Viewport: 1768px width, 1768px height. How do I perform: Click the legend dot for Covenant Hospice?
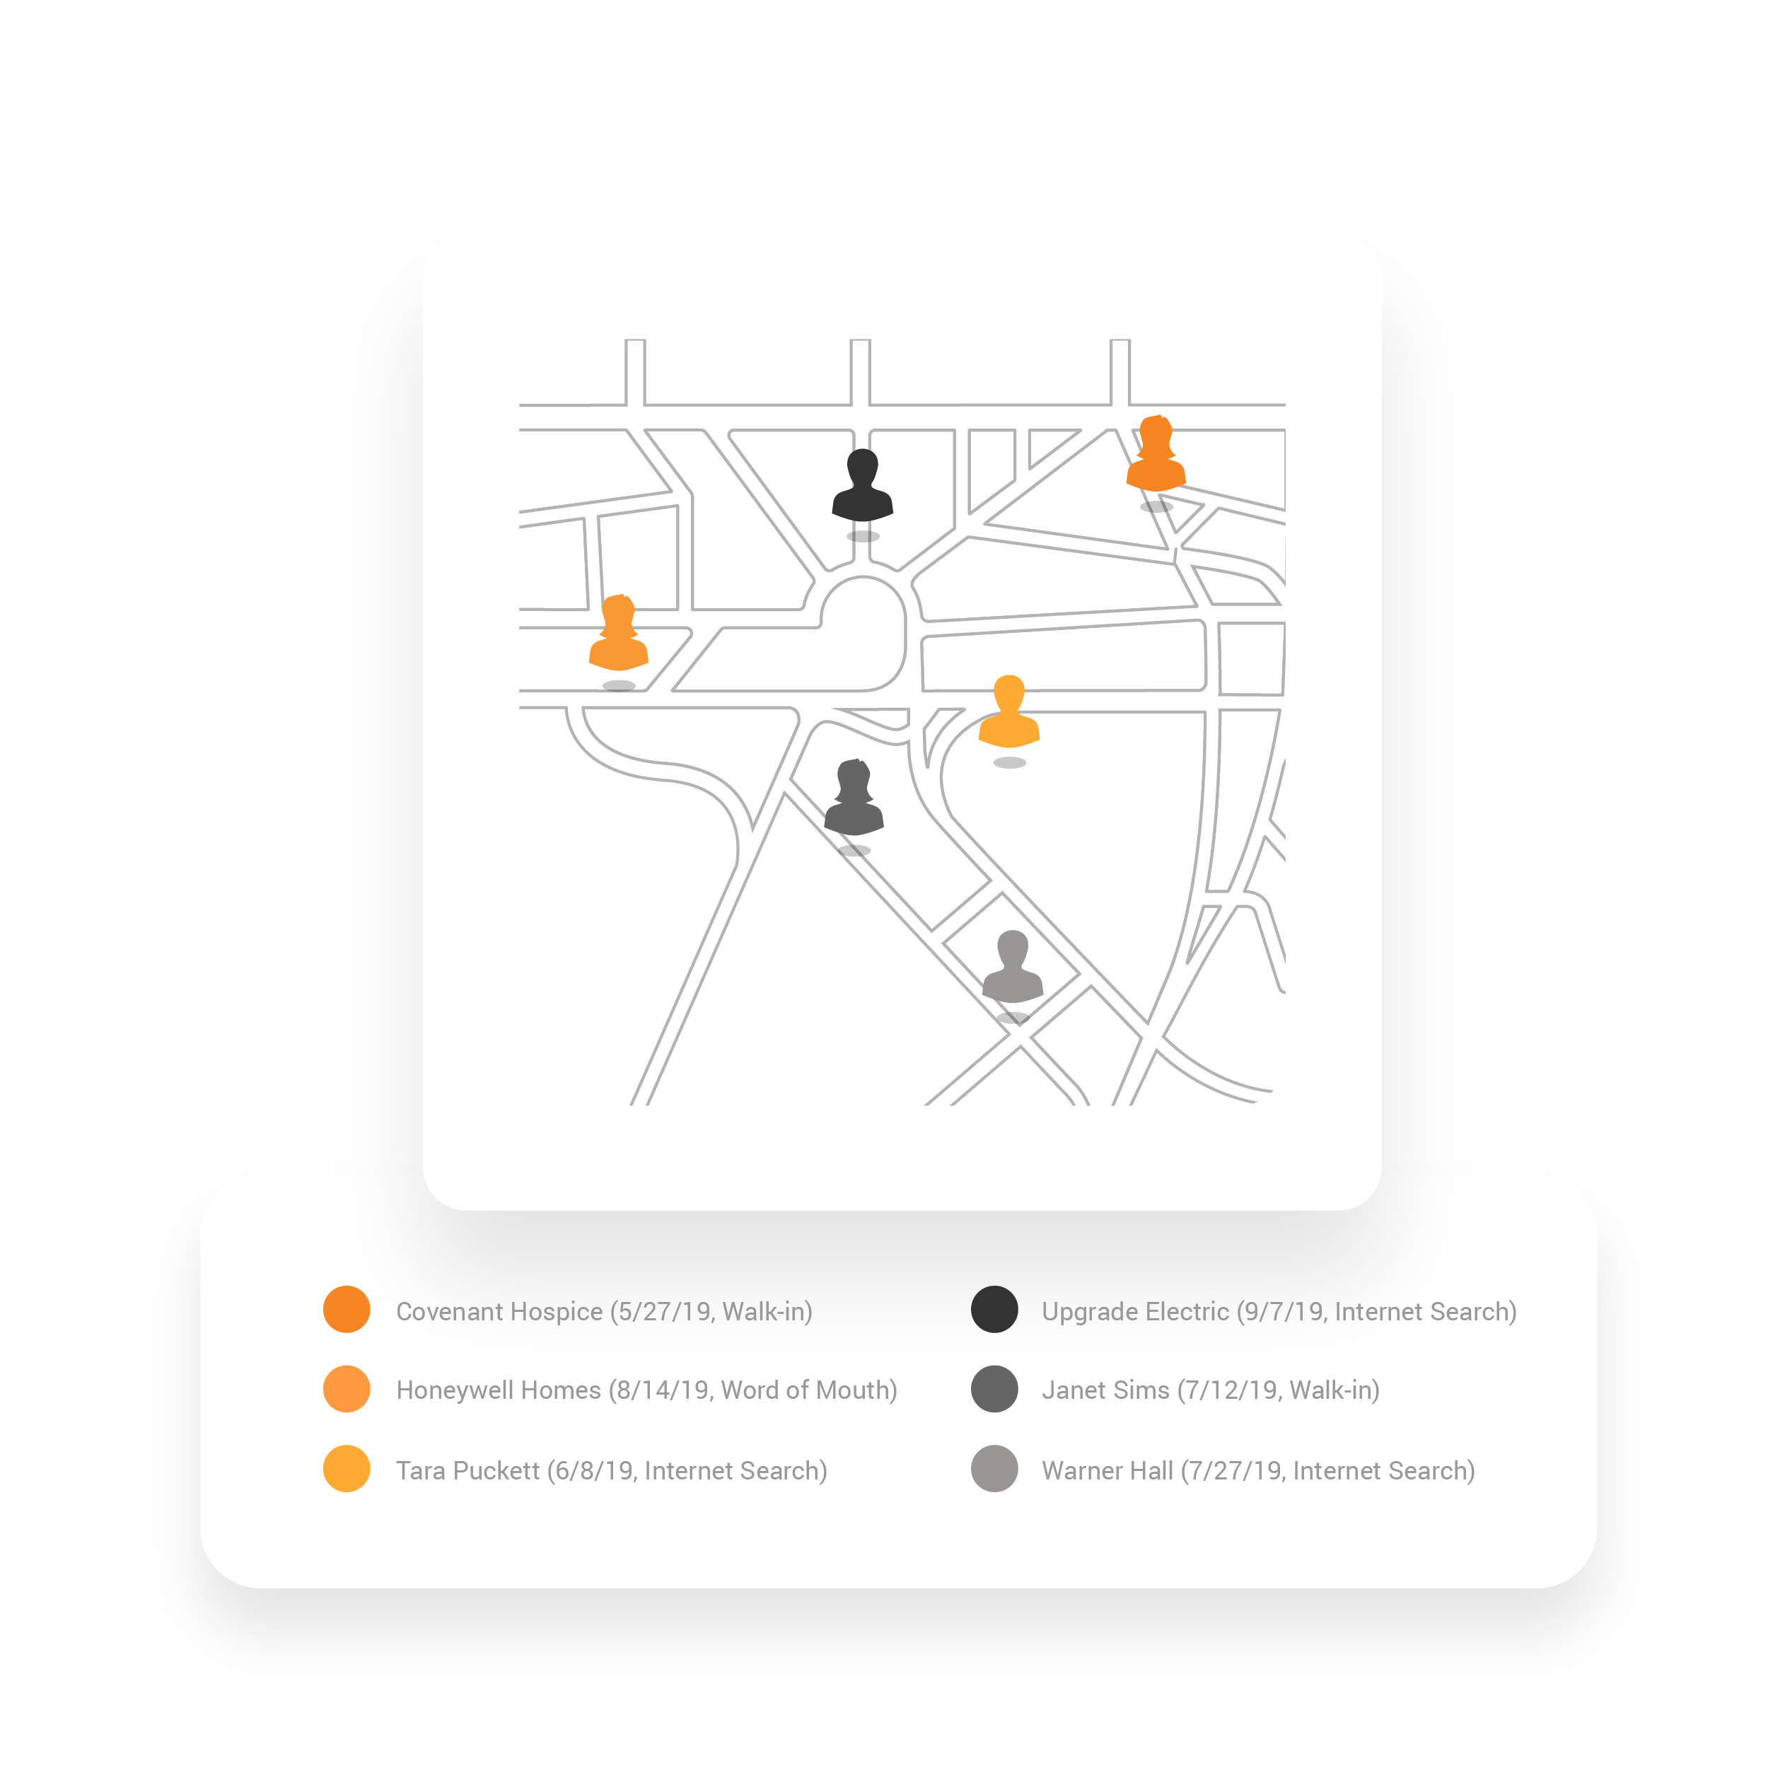click(347, 1310)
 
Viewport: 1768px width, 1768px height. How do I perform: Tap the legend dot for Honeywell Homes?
click(347, 1389)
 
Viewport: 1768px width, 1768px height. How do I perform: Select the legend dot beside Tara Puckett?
click(347, 1469)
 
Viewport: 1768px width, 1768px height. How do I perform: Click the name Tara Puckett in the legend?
click(467, 1470)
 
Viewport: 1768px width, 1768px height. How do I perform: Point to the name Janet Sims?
click(1105, 1390)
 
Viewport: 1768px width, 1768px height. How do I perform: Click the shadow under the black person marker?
click(862, 536)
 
